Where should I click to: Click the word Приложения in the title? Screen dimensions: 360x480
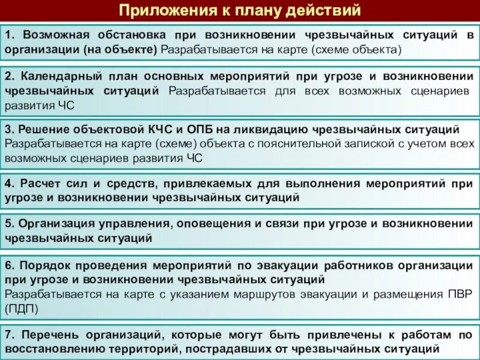coord(159,10)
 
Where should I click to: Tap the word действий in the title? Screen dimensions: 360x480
coord(325,10)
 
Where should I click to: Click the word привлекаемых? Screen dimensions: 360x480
coord(220,182)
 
